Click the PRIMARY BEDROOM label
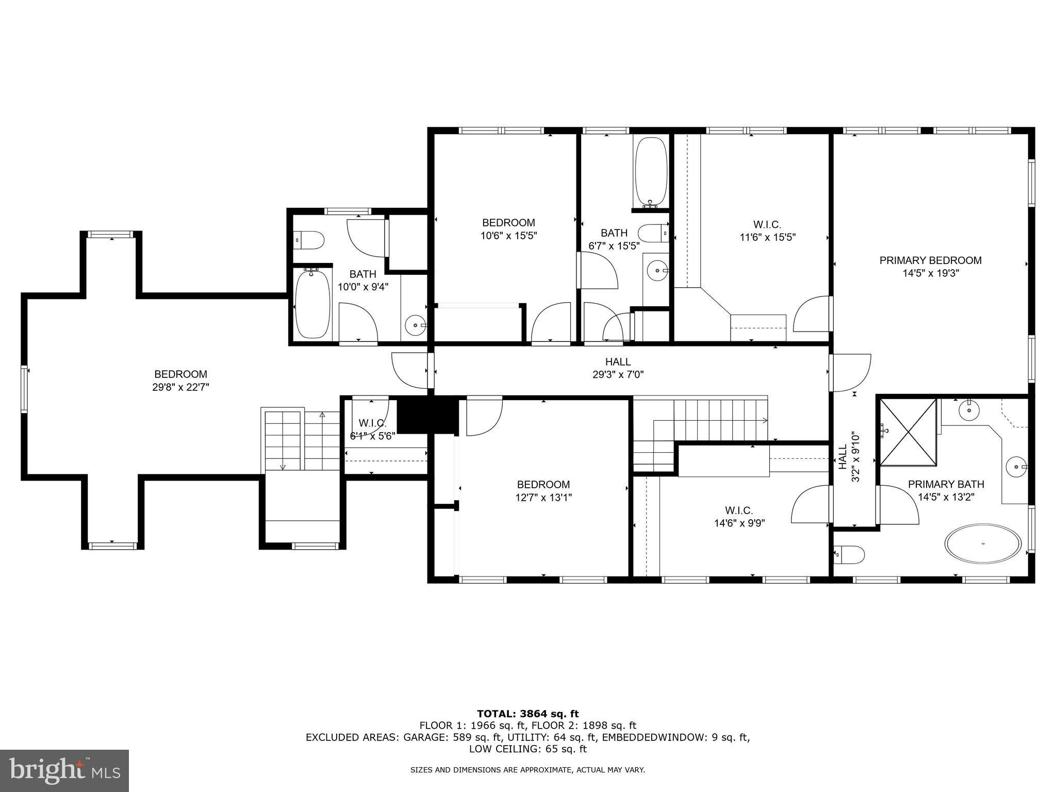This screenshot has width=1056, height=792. [x=930, y=260]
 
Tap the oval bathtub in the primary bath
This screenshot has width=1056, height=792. [x=983, y=543]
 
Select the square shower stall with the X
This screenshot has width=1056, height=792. [x=908, y=432]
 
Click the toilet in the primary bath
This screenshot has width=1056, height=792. [x=849, y=555]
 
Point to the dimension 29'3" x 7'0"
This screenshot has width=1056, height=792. [x=618, y=375]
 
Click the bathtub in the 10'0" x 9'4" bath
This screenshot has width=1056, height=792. [x=312, y=304]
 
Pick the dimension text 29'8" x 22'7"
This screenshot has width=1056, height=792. [x=180, y=387]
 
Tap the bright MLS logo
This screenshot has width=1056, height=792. [x=64, y=770]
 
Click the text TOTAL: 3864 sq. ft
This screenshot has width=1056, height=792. [x=527, y=714]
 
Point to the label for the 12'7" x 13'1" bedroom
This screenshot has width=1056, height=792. [x=543, y=485]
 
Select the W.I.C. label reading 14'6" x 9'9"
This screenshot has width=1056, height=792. [x=739, y=510]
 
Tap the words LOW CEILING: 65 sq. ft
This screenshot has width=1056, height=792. [x=527, y=749]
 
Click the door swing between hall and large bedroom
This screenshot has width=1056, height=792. [x=410, y=370]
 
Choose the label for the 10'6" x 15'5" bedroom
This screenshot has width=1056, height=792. [x=508, y=223]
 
